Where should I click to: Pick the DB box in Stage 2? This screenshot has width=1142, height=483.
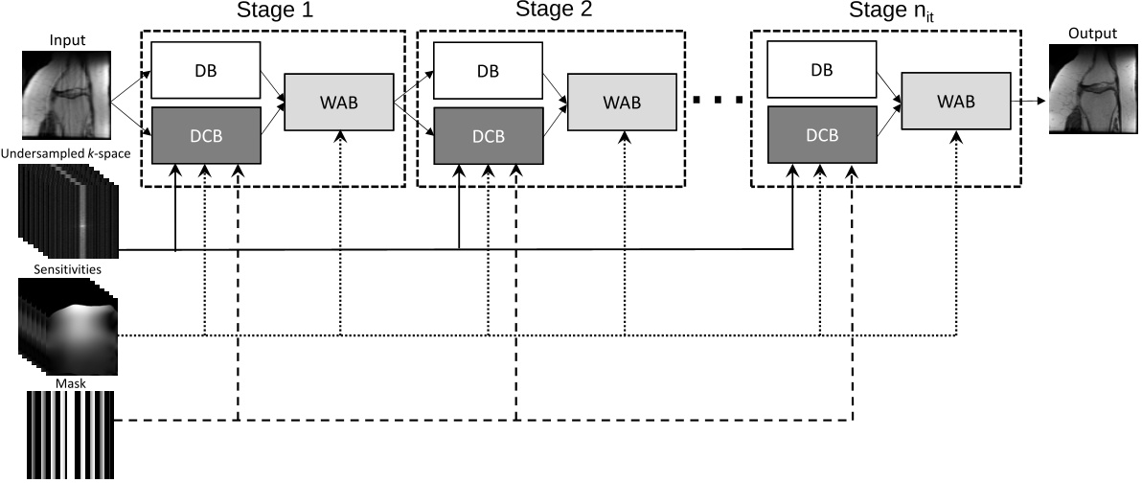coord(488,71)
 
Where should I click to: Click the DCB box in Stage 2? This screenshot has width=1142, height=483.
coord(488,135)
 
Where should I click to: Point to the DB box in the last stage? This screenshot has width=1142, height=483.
coord(822,71)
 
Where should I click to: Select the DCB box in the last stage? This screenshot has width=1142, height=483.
coord(822,135)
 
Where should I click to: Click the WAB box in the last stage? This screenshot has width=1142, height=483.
coord(955,102)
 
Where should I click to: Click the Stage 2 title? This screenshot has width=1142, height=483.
coord(554,11)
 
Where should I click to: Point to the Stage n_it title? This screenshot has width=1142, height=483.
coord(890,12)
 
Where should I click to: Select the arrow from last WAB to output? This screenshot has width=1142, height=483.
coord(1029,101)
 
